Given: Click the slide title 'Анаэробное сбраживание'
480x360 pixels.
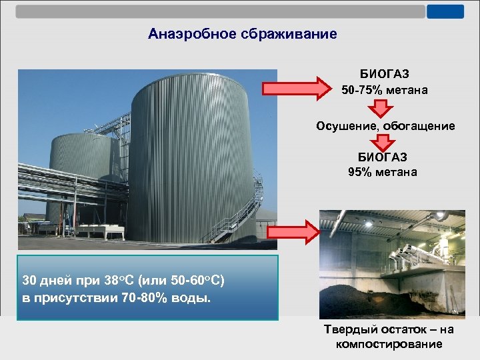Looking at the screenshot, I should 243,33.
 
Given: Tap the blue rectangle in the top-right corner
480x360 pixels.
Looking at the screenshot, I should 445,11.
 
